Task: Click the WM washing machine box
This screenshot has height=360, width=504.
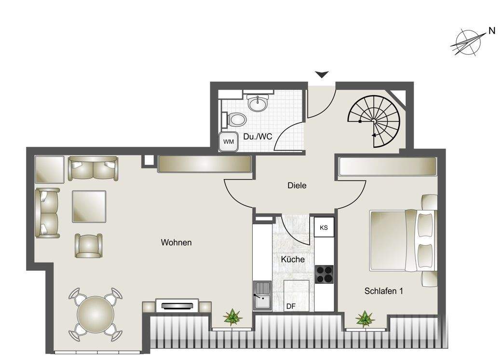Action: [x=228, y=142]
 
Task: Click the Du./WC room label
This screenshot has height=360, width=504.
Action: [x=258, y=137]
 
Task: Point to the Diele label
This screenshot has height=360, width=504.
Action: [x=297, y=185]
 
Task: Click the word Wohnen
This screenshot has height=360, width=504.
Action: [x=176, y=242]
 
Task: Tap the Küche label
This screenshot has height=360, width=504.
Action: [x=293, y=259]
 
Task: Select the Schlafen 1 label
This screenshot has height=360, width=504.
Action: [x=383, y=291]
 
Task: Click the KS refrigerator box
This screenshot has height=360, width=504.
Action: [x=324, y=228]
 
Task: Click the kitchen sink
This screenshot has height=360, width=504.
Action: [x=262, y=295]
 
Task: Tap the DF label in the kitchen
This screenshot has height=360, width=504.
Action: [x=291, y=306]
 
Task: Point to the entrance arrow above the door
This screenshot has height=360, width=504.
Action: [x=322, y=74]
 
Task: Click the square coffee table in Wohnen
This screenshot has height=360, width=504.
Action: [x=89, y=207]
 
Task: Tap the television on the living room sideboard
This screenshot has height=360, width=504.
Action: [x=177, y=305]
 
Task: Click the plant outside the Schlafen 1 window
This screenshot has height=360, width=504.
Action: [x=365, y=319]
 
